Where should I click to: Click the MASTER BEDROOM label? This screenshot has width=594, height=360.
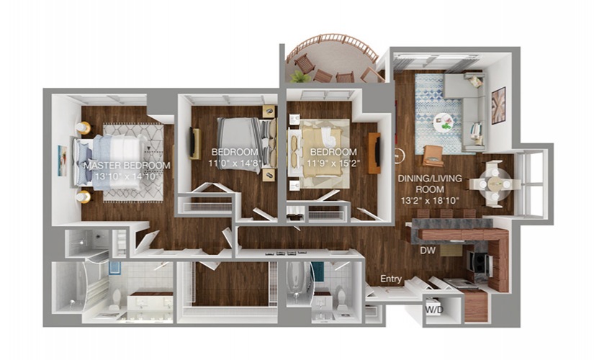point(127,166)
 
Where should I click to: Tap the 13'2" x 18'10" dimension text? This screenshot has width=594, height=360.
point(430,201)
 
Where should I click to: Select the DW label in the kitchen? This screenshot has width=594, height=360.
point(428,251)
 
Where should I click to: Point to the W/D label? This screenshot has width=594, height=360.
point(434,310)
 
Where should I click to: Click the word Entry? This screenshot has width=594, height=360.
point(391,279)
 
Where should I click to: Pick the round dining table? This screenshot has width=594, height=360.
point(495,184)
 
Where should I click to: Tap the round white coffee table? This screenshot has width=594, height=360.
point(444,122)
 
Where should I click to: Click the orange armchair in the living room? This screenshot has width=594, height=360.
point(433,156)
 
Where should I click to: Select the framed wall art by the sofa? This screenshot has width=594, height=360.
point(498,106)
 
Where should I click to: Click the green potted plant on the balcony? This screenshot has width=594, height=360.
point(300,76)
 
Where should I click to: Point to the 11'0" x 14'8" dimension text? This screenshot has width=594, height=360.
point(235,163)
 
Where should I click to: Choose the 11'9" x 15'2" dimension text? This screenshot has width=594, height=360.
point(333,163)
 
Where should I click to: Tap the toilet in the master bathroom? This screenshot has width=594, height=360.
point(115,300)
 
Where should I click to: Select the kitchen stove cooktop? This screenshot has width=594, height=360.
point(480,261)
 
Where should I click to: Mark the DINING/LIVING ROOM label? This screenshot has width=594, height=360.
point(430,184)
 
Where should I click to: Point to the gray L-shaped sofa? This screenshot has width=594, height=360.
point(465,111)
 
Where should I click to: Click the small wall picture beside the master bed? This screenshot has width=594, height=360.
point(62,161)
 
